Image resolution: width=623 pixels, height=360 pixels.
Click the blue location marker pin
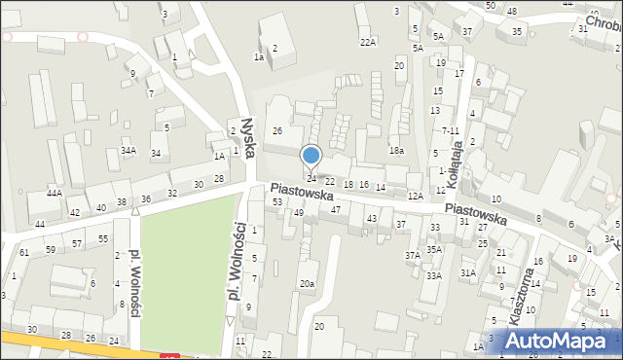(311, 156)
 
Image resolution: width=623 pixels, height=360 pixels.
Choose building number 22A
(367, 42)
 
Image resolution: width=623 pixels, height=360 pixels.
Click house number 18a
(396, 150)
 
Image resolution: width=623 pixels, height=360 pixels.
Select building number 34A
(128, 151)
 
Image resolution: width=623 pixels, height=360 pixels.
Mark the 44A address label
(55, 194)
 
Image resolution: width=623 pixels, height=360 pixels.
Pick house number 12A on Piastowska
(415, 197)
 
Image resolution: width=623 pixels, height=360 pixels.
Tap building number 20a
(307, 283)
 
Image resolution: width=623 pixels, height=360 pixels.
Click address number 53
(277, 201)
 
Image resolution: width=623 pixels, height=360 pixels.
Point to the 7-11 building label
(450, 130)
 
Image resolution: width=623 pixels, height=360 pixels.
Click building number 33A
(433, 275)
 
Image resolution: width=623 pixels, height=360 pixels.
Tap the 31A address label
(468, 273)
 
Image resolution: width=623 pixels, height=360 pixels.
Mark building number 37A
(413, 255)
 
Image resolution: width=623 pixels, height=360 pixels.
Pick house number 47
(336, 209)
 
